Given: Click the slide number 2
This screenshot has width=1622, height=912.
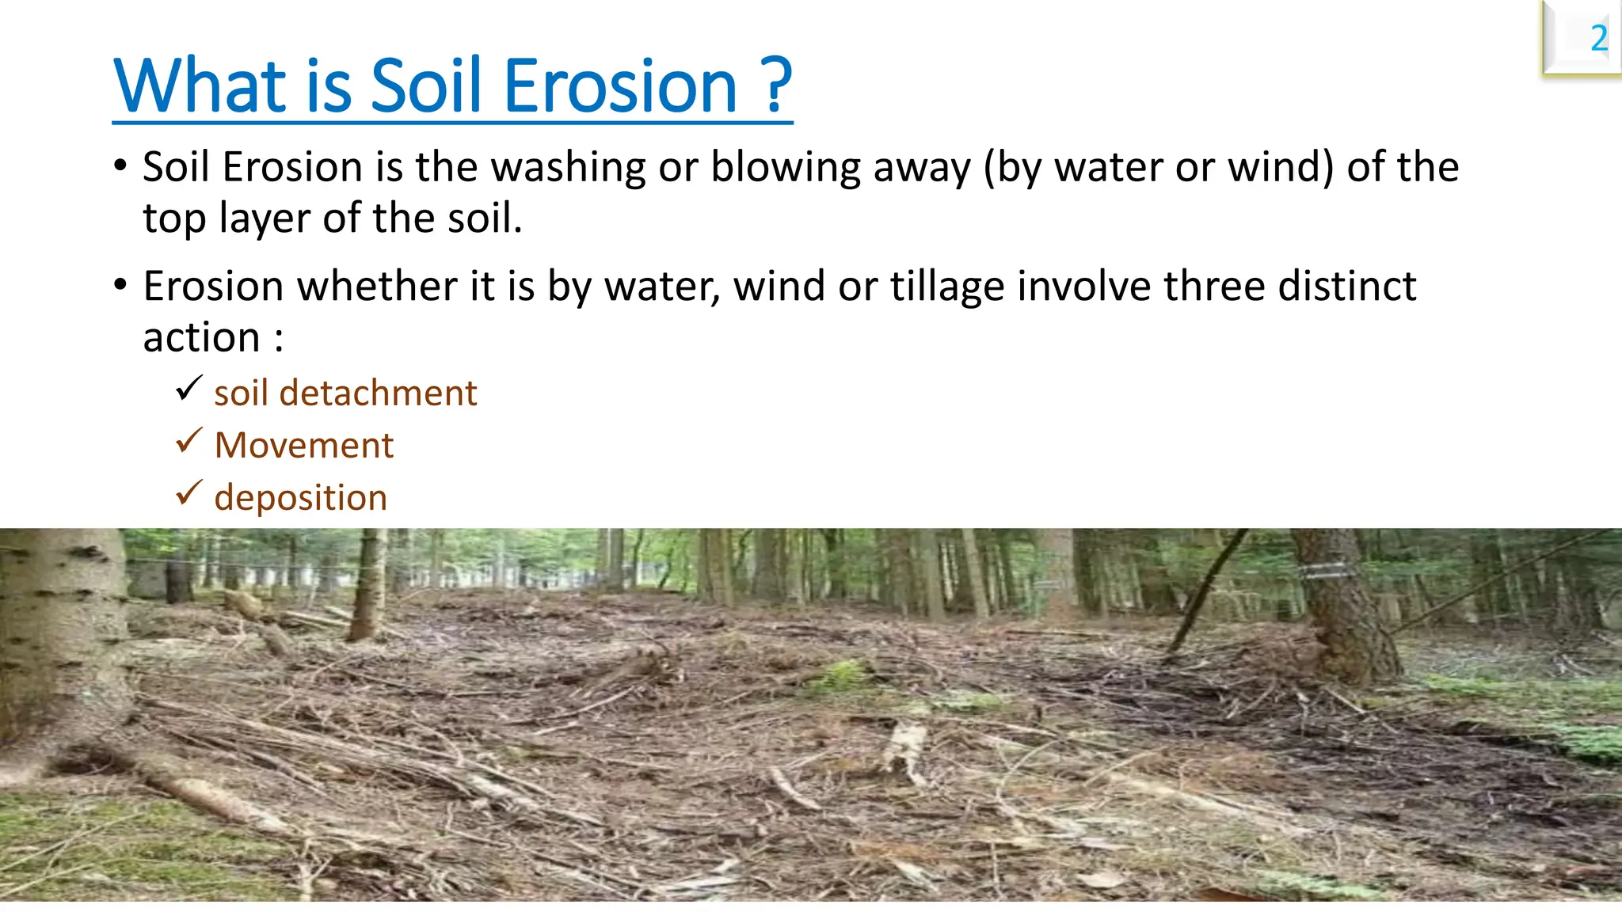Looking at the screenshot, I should [x=1598, y=39].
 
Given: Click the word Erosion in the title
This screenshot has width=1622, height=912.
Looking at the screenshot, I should [x=620, y=86].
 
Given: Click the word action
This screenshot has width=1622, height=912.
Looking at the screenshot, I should [x=201, y=338].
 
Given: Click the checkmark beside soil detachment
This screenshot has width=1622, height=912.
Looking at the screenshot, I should [x=188, y=389].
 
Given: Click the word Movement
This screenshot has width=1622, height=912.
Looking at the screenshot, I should [x=303, y=446].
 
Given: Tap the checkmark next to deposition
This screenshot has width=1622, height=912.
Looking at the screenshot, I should [x=188, y=493].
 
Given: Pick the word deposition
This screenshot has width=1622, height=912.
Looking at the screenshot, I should [x=300, y=499].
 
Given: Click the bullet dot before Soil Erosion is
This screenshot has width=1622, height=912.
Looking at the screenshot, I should [x=120, y=166].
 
